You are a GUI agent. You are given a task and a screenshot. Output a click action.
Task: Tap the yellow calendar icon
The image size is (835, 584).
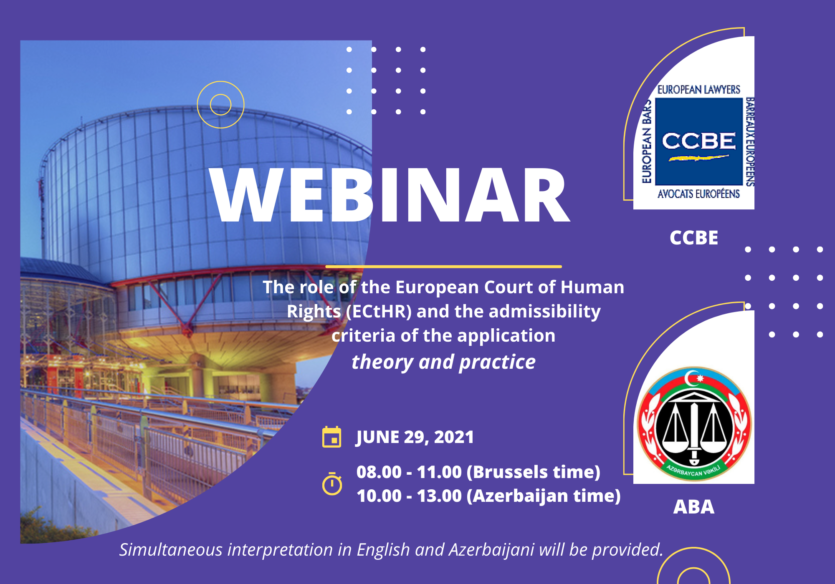tap(332, 437)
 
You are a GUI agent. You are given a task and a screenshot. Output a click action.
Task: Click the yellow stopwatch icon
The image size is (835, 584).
tap(332, 483)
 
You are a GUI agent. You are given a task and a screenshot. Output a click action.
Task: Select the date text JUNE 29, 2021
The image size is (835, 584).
tap(415, 437)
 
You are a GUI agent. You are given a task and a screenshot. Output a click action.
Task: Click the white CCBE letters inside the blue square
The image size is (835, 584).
tap(699, 141)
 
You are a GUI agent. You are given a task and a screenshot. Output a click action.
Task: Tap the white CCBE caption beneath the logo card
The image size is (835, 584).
tap(694, 238)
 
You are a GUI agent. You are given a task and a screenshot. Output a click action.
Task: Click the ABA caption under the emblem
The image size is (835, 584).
tap(694, 507)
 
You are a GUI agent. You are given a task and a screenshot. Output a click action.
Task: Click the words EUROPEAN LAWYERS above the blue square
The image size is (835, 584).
tap(699, 90)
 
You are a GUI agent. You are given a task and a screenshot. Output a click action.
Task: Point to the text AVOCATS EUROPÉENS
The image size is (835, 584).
tap(699, 194)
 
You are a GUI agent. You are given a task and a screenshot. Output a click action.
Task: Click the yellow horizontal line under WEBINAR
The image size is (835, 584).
tap(443, 266)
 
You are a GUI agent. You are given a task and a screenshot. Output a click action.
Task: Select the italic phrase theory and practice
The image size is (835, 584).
tap(443, 362)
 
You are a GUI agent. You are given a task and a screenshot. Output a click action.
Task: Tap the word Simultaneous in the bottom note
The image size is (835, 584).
tap(171, 550)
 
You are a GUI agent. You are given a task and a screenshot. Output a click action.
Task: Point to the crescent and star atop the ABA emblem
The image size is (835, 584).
tap(694, 378)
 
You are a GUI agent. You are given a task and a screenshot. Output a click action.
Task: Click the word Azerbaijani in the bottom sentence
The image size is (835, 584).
tap(491, 550)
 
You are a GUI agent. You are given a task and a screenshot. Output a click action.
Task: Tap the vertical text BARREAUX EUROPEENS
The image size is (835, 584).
tap(750, 142)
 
